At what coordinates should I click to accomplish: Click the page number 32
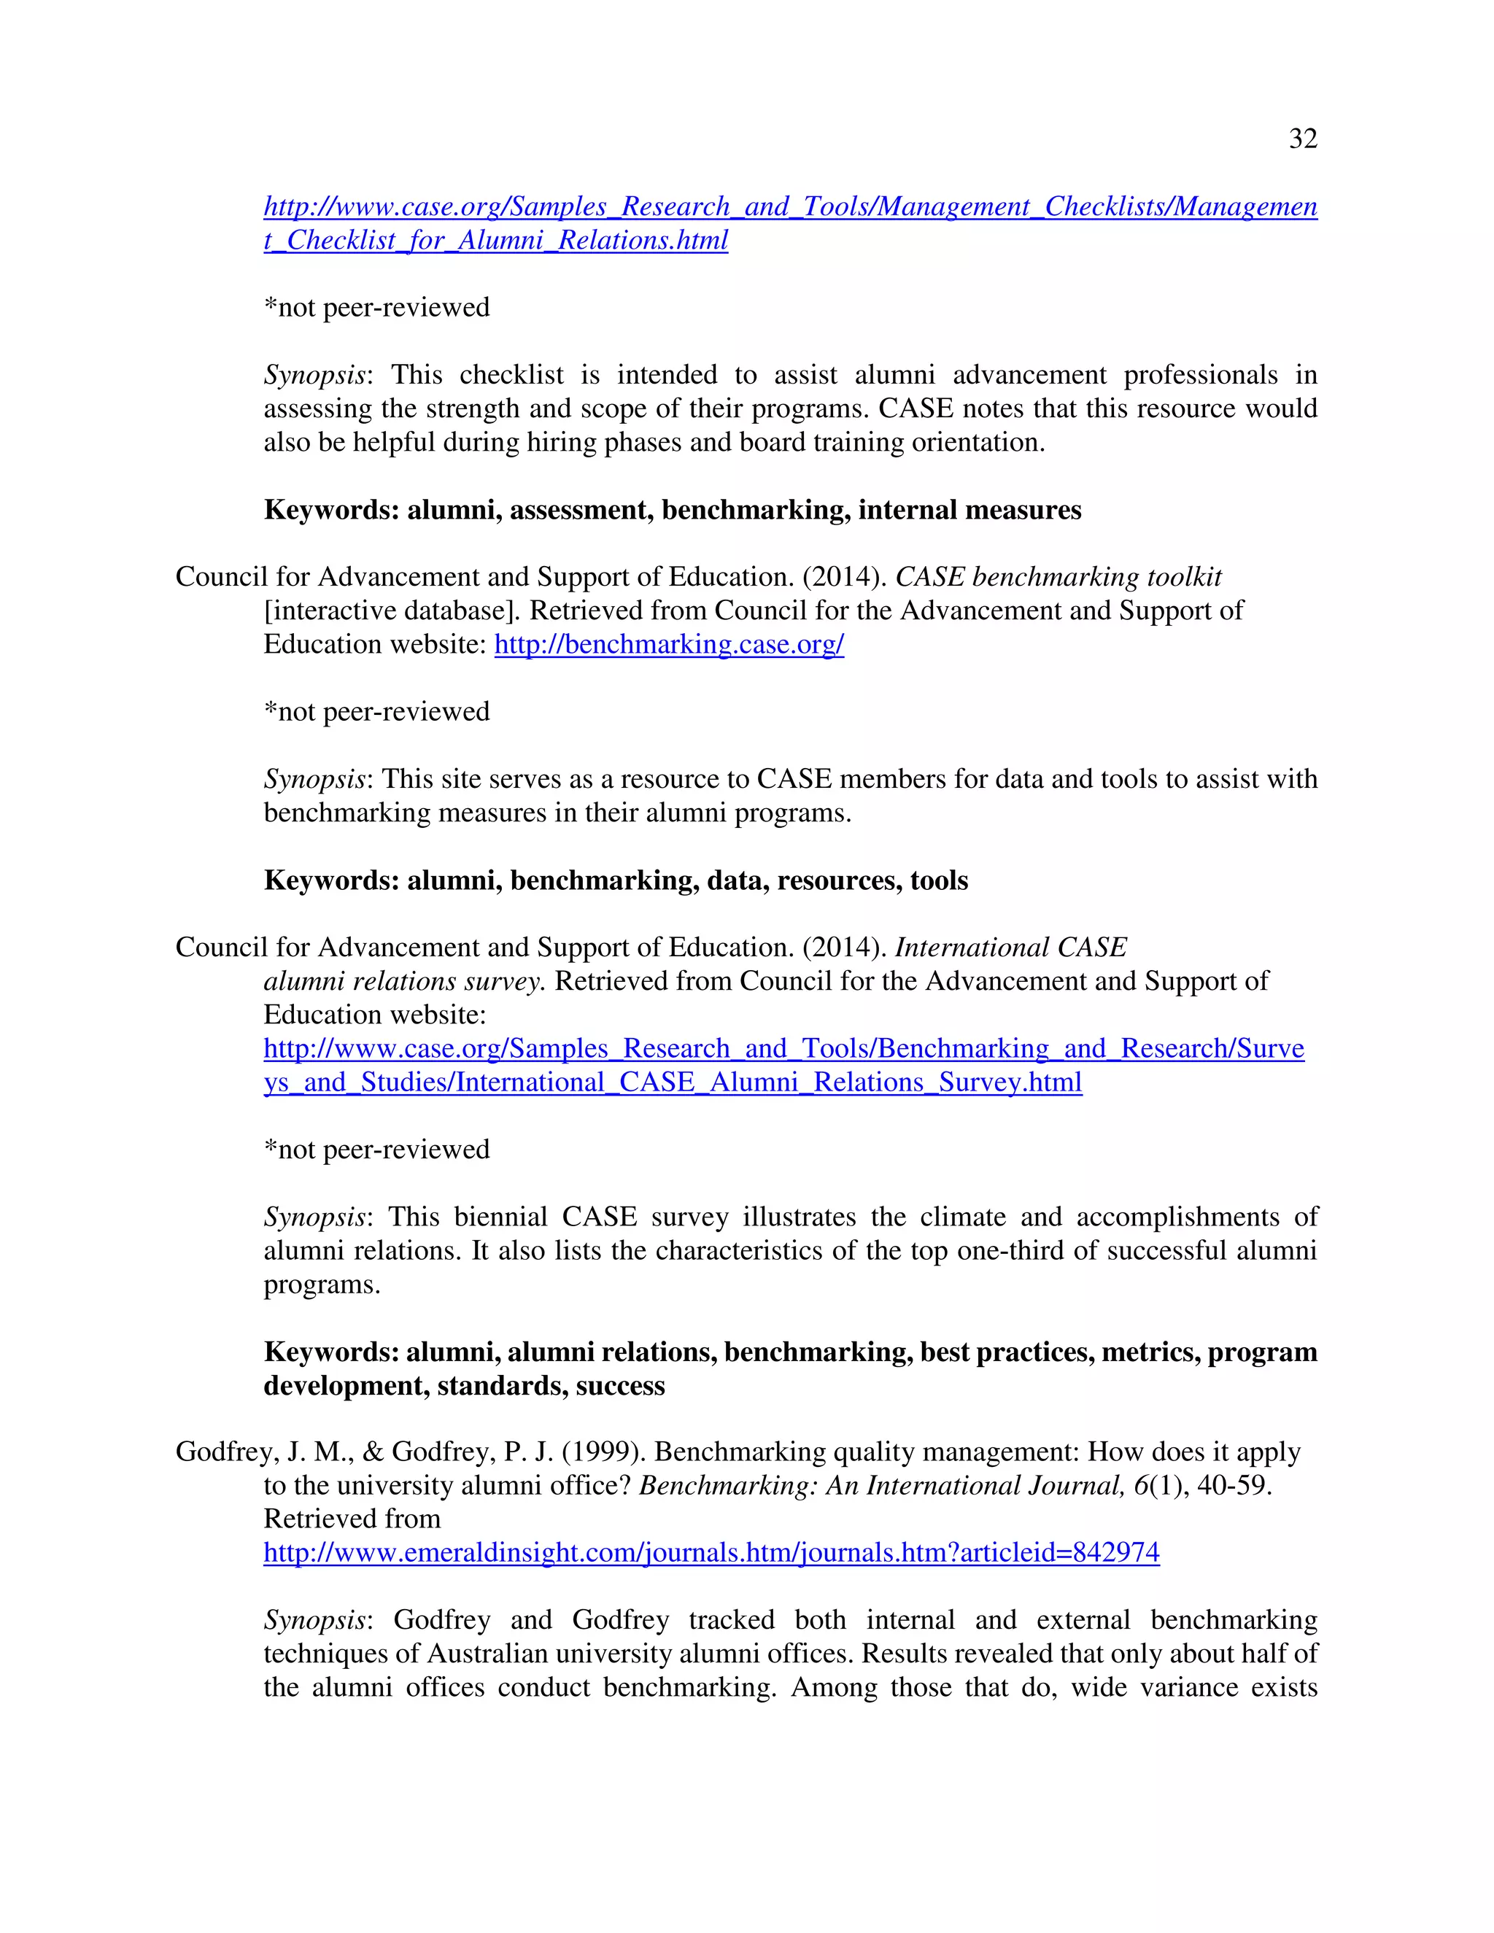pyautogui.click(x=1303, y=139)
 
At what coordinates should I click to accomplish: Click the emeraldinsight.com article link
pyautogui.click(x=711, y=1552)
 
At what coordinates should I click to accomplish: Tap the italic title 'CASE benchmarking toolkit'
pyautogui.click(x=1058, y=577)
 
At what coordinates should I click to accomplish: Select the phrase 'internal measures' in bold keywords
pyautogui.click(x=969, y=510)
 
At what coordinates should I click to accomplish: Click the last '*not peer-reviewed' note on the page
pyautogui.click(x=376, y=1150)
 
